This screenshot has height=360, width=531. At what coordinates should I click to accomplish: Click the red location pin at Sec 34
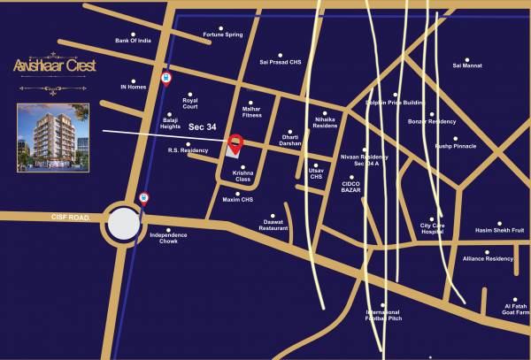(235, 143)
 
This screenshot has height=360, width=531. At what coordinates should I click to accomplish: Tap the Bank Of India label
(133, 41)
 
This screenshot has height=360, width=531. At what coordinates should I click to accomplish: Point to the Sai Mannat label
(467, 65)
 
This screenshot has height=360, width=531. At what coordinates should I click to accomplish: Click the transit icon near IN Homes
(165, 79)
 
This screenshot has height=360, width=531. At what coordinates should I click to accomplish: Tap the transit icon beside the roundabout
(144, 199)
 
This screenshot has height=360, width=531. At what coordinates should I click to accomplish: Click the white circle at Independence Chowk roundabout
(124, 224)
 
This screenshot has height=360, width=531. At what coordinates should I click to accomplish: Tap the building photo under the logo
(52, 136)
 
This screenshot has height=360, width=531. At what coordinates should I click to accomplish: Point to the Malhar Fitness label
(251, 112)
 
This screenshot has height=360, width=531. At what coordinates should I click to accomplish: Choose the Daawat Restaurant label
(273, 226)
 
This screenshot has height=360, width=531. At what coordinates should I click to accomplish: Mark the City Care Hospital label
(431, 229)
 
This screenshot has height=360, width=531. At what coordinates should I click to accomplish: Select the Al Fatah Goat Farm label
(515, 309)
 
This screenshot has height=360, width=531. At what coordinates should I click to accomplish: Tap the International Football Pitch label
(384, 315)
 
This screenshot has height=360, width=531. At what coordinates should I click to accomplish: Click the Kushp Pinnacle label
(455, 145)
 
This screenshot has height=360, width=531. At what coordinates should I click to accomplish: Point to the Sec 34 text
(202, 127)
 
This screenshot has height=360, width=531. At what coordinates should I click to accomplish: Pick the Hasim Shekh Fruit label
(500, 230)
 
